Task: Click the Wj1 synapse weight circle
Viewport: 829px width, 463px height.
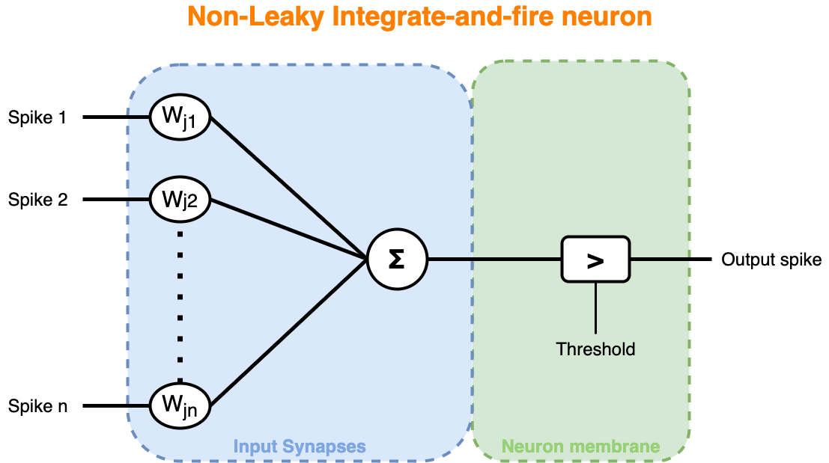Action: point(180,117)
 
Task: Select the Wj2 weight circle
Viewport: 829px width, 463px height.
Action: point(180,200)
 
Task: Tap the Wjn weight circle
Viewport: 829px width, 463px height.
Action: point(180,406)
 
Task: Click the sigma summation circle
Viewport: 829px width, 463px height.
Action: point(397,260)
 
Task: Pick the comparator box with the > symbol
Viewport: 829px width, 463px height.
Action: point(595,260)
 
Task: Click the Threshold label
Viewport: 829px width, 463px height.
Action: point(595,349)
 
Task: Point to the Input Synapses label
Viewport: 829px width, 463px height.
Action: point(300,447)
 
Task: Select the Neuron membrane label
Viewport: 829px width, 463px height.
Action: point(580,447)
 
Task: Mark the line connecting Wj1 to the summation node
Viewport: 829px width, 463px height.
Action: point(288,187)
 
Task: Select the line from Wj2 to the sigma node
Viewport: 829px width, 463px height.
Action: point(288,228)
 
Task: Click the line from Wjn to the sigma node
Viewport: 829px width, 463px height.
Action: point(288,334)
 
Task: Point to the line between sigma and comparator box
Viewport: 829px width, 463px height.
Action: point(494,260)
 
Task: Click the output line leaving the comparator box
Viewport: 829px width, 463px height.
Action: point(659,260)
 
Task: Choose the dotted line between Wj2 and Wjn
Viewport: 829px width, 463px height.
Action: point(180,299)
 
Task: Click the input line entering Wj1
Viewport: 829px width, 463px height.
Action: point(138,117)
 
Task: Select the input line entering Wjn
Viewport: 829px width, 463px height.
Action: point(138,406)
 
